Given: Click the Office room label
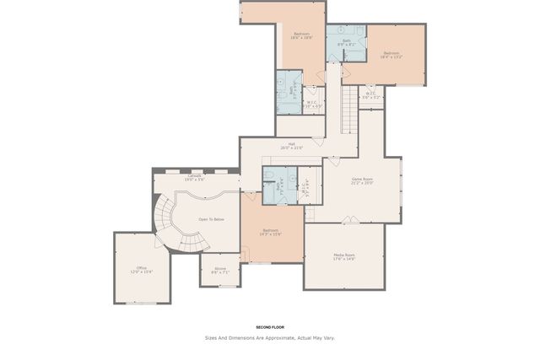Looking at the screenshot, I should (141, 268).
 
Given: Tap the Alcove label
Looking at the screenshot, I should (219, 269).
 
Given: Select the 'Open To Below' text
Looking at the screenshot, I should (211, 219).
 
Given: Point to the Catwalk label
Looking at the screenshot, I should (195, 176).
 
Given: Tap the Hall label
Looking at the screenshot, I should (291, 144).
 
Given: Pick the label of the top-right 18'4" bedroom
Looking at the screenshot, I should (391, 54).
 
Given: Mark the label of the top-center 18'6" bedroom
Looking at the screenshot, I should (302, 35).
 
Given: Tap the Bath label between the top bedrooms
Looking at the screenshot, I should (347, 40).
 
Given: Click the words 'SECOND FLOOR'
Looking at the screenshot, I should (269, 326).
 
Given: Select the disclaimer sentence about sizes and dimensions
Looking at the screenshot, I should (269, 337).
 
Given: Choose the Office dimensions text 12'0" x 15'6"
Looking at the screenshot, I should (141, 272).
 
